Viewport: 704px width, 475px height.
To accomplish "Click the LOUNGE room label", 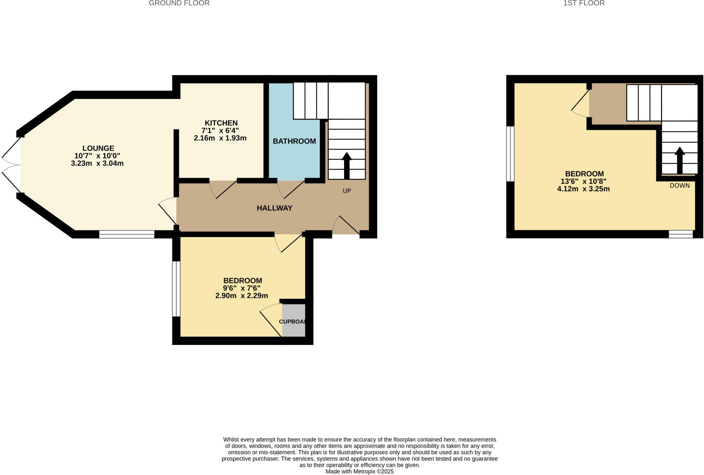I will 98,148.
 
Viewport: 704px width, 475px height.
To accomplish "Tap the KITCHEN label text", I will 221,123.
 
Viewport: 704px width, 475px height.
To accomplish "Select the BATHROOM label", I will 294,141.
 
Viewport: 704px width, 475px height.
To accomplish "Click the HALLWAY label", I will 274,208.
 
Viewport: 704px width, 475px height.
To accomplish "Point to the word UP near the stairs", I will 346,191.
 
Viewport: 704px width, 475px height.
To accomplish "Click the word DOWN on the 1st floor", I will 679,186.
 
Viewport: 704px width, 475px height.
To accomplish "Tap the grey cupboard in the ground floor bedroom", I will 293,320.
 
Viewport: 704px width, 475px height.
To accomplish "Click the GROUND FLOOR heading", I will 179,3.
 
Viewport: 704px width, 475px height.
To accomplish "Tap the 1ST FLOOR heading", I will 588,3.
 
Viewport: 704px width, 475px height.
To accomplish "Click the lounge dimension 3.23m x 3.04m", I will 97,163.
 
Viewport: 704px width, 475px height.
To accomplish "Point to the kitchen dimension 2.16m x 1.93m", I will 220,138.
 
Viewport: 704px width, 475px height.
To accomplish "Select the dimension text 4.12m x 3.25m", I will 583,189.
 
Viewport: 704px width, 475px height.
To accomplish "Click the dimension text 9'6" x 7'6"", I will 242,288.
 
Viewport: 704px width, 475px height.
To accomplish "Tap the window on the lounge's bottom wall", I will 126,234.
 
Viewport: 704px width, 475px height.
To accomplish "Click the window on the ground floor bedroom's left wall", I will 176,288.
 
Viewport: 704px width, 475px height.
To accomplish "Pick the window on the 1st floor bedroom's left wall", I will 510,154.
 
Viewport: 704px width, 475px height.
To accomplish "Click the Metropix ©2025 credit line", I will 359,472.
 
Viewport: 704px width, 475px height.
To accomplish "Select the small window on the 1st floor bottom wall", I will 680,234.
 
